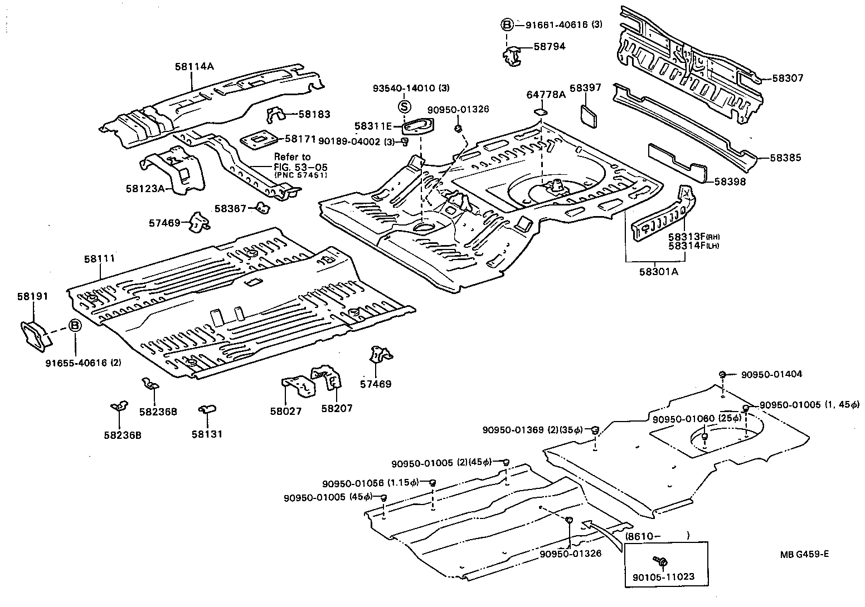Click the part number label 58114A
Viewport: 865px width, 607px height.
[x=194, y=66]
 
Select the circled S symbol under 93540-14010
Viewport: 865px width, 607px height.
[x=405, y=107]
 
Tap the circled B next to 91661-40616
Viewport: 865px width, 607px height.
[x=507, y=25]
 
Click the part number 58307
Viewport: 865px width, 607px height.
[x=788, y=79]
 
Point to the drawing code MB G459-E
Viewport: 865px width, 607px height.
[x=804, y=554]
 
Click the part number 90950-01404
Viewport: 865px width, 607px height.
[x=771, y=374]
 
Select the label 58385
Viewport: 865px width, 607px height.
[x=785, y=158]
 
